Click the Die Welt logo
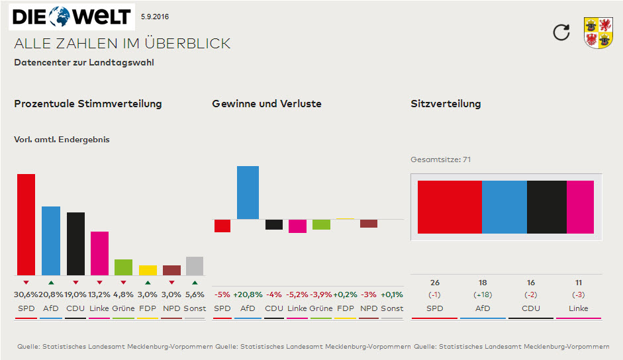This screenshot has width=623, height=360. (72, 16)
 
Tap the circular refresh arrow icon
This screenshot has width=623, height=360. (561, 32)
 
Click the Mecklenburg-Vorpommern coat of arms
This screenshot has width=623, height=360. (598, 32)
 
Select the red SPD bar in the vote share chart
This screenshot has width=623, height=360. (26, 224)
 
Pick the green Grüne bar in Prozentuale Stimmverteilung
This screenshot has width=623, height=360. (123, 267)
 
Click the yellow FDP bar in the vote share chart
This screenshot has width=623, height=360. (148, 270)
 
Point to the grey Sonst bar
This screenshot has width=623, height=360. (194, 266)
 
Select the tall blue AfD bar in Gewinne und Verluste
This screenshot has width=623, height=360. (248, 193)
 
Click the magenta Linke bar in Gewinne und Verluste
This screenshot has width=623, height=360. (297, 226)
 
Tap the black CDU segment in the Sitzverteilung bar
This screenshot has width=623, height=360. (546, 206)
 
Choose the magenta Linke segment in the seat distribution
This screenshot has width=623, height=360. (580, 206)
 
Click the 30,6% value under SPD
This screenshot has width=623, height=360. (26, 294)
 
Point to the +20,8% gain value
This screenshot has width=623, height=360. (248, 294)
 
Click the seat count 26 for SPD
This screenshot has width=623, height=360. (434, 283)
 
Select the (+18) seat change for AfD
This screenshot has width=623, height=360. (483, 294)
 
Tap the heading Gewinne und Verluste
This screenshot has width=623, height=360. (267, 104)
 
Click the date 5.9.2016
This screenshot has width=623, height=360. (155, 15)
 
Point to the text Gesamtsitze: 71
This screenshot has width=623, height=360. (440, 159)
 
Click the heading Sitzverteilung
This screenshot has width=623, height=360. (446, 104)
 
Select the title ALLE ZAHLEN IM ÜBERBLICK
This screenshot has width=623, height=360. (122, 44)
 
